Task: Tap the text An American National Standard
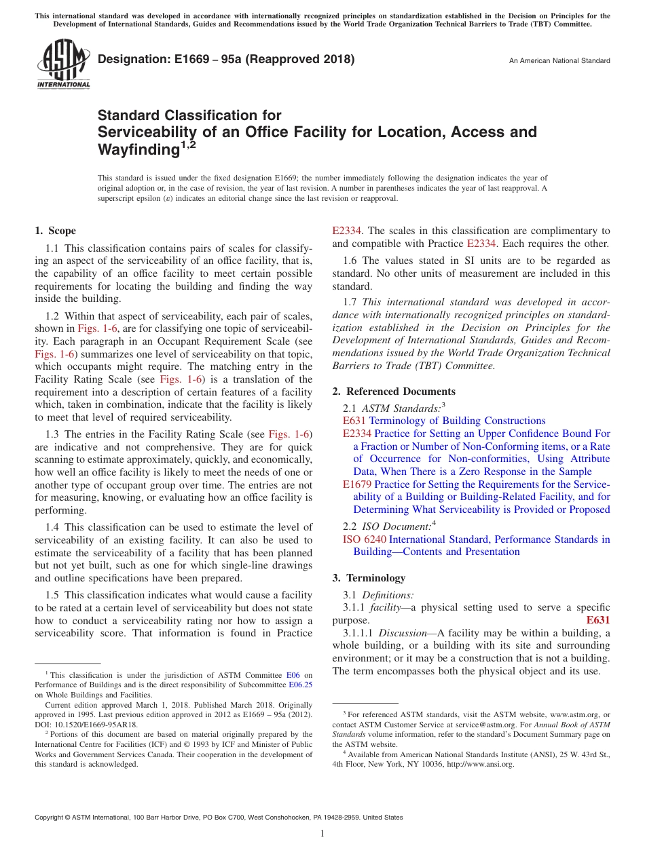(559, 61)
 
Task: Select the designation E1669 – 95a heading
(226, 59)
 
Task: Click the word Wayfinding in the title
(139, 149)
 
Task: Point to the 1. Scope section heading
(56, 231)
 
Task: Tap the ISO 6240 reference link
(365, 539)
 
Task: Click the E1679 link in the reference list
(356, 484)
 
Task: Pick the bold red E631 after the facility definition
(597, 620)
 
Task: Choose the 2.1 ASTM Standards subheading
(393, 408)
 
